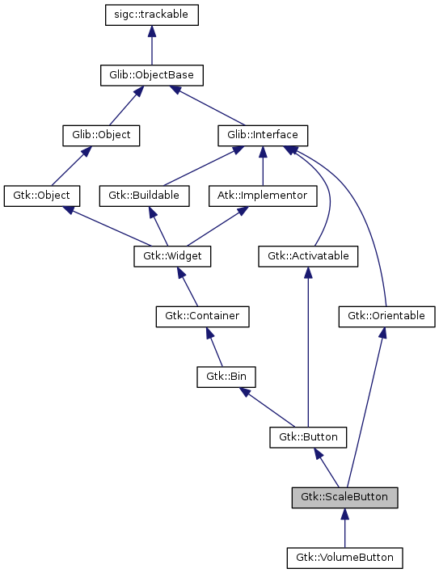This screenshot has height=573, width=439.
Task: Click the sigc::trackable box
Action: point(152,15)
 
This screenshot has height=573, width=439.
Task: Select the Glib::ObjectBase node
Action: point(151,75)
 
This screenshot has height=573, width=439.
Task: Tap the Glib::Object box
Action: point(101,135)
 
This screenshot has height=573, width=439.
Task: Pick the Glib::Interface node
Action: point(264,135)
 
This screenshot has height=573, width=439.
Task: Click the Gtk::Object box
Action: point(42,195)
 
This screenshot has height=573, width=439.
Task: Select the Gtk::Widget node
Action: point(172,256)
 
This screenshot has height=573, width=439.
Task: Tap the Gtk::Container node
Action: point(202,316)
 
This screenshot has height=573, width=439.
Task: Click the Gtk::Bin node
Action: point(221,376)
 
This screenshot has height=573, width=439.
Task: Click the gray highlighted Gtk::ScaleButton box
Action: point(345,497)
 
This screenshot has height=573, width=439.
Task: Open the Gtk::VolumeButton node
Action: point(345,558)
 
